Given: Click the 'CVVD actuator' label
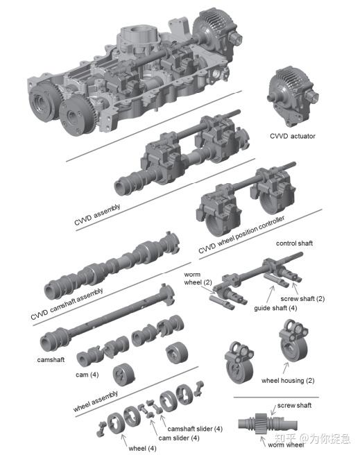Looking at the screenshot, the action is [x=293, y=136].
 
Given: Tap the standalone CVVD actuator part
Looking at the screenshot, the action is [x=293, y=96].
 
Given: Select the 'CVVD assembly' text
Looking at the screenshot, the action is [x=97, y=215].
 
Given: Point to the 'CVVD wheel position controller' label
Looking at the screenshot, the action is [x=241, y=234].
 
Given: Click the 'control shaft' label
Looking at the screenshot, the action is [x=294, y=243].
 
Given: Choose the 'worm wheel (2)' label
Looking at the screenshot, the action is [x=198, y=278].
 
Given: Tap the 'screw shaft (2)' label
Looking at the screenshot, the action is [x=302, y=298].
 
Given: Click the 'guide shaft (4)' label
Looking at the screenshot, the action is [x=275, y=308].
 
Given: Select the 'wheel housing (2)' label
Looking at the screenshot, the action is [x=288, y=380].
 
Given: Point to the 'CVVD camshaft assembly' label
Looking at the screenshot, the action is [x=67, y=304].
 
